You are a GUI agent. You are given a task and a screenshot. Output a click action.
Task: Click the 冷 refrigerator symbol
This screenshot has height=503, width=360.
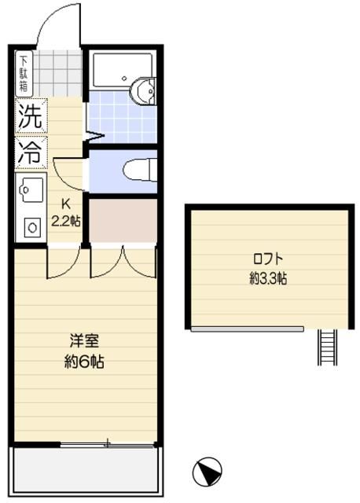pos(31,152)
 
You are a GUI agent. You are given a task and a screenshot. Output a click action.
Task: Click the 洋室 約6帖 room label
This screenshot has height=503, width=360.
pos(85,352)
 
